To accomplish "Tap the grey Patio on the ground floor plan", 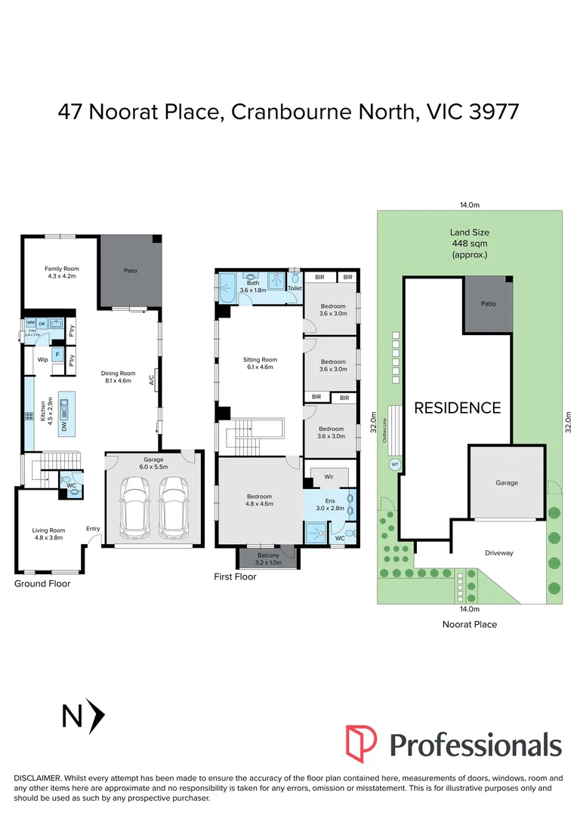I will pyautogui.click(x=130, y=272).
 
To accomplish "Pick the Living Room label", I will pyautogui.click(x=48, y=534).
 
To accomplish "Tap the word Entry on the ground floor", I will pyautogui.click(x=93, y=528).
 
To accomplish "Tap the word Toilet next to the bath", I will pyautogui.click(x=294, y=288).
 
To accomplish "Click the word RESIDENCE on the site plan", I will pyautogui.click(x=457, y=407).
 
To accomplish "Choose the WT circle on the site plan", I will pyautogui.click(x=394, y=465).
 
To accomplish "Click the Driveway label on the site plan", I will pyautogui.click(x=498, y=553).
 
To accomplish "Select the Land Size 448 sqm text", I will pyautogui.click(x=469, y=244).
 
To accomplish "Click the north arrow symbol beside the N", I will pyautogui.click(x=96, y=715).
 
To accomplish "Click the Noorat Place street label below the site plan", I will pyautogui.click(x=469, y=624).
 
